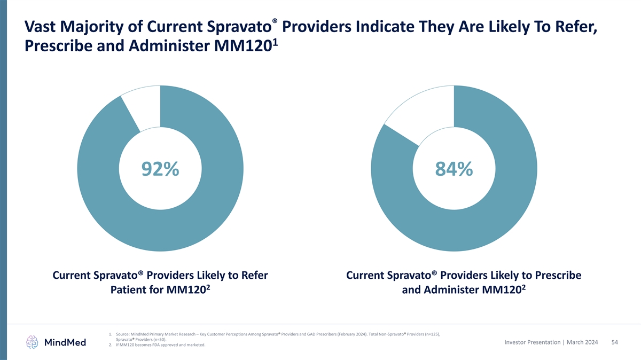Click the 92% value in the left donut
pyautogui.click(x=160, y=169)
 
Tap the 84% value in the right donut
pyautogui.click(x=454, y=169)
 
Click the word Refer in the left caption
pyautogui.click(x=251, y=276)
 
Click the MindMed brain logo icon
pyautogui.click(x=33, y=342)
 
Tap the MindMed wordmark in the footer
pyautogui.click(x=65, y=342)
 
